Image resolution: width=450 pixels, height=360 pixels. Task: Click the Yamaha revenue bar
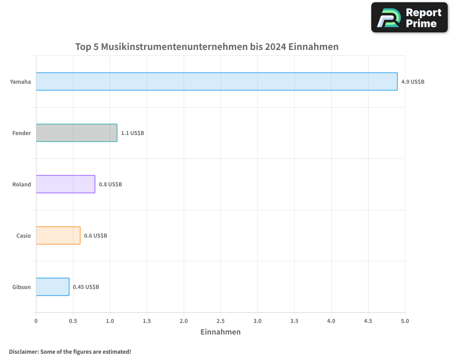pos(216,81)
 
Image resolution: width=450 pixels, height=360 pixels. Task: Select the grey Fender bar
pos(76,133)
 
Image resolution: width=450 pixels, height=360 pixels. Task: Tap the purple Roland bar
pos(65,184)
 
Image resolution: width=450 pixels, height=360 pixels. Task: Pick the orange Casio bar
pos(58,235)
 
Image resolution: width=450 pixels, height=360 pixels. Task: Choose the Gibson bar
pos(52,287)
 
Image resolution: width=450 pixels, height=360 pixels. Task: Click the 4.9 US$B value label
pos(413,82)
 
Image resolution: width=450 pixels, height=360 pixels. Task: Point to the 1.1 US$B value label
pos(132,133)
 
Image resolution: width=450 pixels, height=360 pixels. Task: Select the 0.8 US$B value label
pos(110,184)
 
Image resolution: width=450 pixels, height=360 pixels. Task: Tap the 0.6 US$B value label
pos(95,236)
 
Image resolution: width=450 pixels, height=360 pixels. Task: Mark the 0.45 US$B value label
pos(86,287)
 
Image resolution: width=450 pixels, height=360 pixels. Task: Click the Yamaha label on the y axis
pos(21,82)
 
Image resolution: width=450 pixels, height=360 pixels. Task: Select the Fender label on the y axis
pos(22,133)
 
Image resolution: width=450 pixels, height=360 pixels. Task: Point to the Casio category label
pos(23,236)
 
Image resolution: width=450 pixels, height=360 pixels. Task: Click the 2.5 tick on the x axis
pos(220,321)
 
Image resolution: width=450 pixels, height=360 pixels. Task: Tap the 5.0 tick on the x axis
pos(405,321)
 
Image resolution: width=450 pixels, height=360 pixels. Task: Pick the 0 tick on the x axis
pos(36,321)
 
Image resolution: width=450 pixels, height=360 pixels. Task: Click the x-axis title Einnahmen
pos(220,332)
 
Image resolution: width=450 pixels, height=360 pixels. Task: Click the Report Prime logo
pos(409,18)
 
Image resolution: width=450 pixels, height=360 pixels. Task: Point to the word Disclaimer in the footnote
pos(23,351)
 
